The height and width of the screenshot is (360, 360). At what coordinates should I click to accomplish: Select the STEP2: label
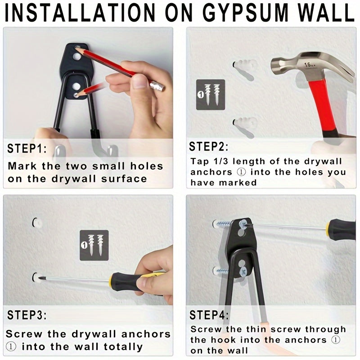click(x=208, y=146)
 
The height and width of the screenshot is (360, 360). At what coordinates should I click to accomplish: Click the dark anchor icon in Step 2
click(x=211, y=94)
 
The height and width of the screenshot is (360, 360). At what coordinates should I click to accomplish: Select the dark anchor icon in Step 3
click(x=94, y=246)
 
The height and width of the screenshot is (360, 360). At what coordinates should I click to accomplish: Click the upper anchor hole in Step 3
click(x=35, y=222)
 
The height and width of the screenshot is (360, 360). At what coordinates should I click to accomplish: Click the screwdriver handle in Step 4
click(x=340, y=227)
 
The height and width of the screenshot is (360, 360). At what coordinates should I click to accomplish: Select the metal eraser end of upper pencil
click(x=157, y=85)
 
